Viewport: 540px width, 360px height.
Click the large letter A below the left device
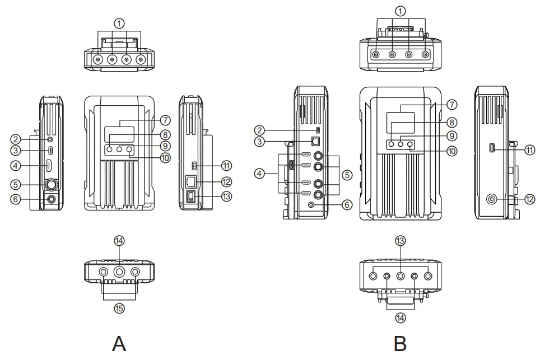pyautogui.click(x=119, y=343)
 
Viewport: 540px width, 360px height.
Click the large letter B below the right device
pyautogui.click(x=400, y=343)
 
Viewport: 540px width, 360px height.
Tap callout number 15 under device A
pyautogui.click(x=119, y=307)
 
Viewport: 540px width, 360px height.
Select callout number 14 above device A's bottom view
pyautogui.click(x=119, y=240)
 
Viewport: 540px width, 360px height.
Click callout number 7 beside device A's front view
pyautogui.click(x=165, y=120)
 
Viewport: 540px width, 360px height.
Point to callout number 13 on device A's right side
pyautogui.click(x=226, y=196)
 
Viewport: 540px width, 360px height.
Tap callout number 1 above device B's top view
pyautogui.click(x=400, y=11)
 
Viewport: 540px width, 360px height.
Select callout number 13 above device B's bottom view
pyautogui.click(x=400, y=240)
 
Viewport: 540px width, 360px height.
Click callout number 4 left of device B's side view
pyautogui.click(x=259, y=174)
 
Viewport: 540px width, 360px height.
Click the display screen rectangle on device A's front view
pyautogui.click(x=119, y=133)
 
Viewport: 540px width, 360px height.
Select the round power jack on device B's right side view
pyautogui.click(x=492, y=199)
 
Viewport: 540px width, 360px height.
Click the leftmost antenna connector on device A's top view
pyautogui.click(x=99, y=59)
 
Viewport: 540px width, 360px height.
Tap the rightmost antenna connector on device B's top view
pyautogui.click(x=426, y=55)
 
